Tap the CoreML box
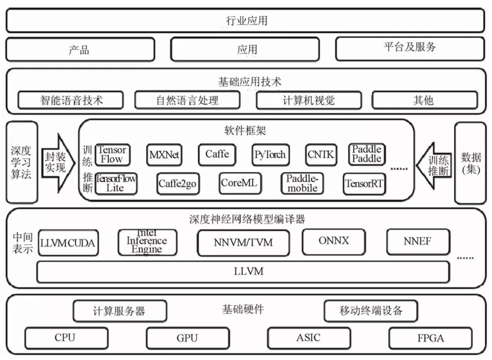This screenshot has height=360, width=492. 239,183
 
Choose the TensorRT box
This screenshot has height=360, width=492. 364,184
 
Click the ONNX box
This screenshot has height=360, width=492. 334,241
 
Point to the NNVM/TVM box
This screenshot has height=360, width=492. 243,242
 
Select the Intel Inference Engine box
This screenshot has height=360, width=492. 147,242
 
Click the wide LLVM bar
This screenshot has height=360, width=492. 243,272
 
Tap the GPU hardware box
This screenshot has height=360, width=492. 187,338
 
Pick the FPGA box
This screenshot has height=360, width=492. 430,338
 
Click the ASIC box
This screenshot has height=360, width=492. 308,338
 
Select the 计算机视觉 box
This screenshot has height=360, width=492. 308,100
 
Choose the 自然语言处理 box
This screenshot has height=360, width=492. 187,100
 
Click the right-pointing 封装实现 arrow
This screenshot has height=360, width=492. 57,162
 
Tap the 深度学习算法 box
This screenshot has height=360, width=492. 21,162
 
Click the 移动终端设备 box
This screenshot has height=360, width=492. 371,311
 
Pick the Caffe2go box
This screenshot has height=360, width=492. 178,184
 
